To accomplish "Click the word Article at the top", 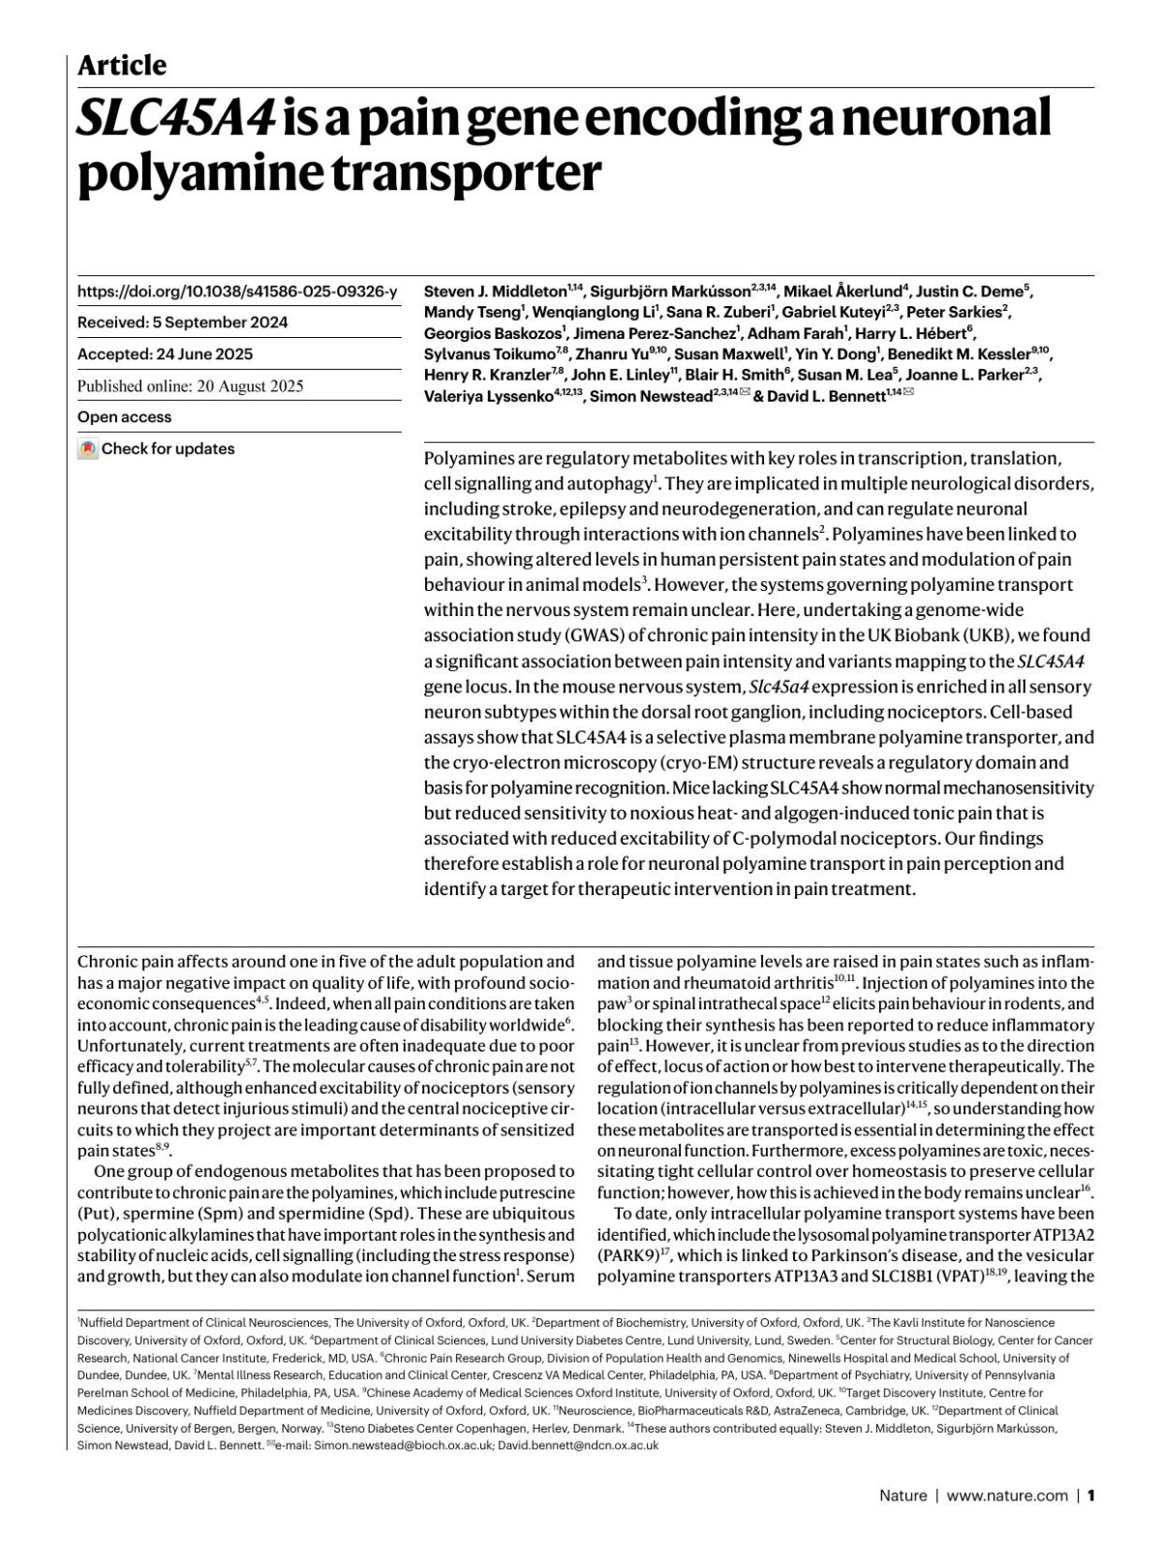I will click(x=121, y=66).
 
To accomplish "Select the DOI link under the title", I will click(x=236, y=292).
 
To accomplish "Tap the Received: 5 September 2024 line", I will click(x=182, y=323).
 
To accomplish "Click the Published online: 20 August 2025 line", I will click(x=190, y=386).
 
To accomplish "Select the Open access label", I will click(x=124, y=417).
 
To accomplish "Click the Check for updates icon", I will click(x=88, y=449).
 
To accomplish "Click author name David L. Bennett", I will click(x=827, y=396).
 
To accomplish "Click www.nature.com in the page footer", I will click(x=1007, y=1496).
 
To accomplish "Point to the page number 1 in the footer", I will click(x=1090, y=1496).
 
